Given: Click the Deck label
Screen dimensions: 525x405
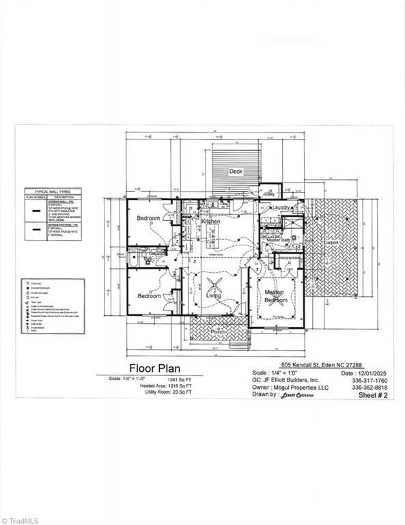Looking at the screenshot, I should pos(236,172).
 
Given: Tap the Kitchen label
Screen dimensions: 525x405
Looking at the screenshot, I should pos(210,222).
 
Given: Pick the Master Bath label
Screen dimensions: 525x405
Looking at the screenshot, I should pos(279,241).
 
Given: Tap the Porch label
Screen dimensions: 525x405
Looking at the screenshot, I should pos(218,332).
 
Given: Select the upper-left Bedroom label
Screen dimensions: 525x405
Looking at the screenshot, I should pos(148,219).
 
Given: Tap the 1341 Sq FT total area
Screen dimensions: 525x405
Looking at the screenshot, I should pos(179,378).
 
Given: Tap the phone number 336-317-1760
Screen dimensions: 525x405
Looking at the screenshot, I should pos(369,380).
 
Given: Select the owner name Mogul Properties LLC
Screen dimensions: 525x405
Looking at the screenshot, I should pos(297,388).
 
